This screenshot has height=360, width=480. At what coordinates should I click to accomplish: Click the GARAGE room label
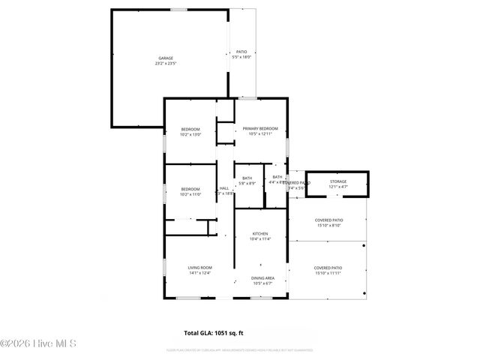click(165, 58)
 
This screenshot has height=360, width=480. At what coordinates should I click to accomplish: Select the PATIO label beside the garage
click(242, 52)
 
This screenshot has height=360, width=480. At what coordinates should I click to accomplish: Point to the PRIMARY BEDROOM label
click(260, 129)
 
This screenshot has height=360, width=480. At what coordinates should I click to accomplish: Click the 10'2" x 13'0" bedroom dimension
click(190, 135)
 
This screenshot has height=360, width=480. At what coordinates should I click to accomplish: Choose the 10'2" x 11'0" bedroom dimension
click(190, 194)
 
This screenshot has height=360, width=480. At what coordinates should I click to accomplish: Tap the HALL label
click(224, 188)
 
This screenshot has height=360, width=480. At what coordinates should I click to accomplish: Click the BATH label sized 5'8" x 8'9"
click(247, 178)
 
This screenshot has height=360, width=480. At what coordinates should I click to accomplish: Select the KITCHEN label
click(260, 233)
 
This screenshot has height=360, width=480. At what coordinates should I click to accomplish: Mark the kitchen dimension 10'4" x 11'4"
click(260, 238)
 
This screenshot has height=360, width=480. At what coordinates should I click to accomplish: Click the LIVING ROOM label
click(200, 267)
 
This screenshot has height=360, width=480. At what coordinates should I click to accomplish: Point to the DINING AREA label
click(262, 277)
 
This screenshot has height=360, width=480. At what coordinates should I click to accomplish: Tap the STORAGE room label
click(337, 181)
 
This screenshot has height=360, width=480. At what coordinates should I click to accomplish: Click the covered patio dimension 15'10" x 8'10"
click(328, 225)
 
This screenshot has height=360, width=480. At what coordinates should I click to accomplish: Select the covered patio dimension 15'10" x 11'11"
click(328, 273)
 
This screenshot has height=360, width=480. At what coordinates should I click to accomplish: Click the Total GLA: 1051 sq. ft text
click(214, 332)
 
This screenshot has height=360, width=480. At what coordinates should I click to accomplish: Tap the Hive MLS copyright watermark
click(39, 344)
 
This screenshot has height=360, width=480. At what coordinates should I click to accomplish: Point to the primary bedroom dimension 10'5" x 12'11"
click(260, 135)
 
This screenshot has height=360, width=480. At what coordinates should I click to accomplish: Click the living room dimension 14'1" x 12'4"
click(200, 272)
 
